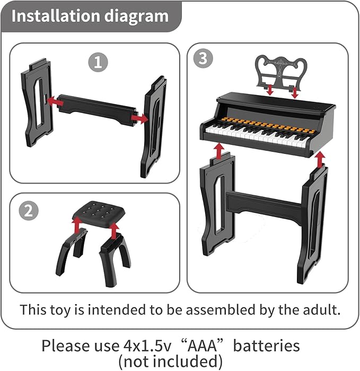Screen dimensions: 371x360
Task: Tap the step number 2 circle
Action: point(29,211)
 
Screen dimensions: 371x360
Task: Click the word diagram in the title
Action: point(139,16)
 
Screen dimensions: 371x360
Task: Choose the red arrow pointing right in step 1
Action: point(139,119)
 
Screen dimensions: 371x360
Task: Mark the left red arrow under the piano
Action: point(218,151)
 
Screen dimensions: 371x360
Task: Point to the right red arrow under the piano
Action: point(319,158)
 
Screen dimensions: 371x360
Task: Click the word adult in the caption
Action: point(322,309)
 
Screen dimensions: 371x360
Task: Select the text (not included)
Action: point(170,362)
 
